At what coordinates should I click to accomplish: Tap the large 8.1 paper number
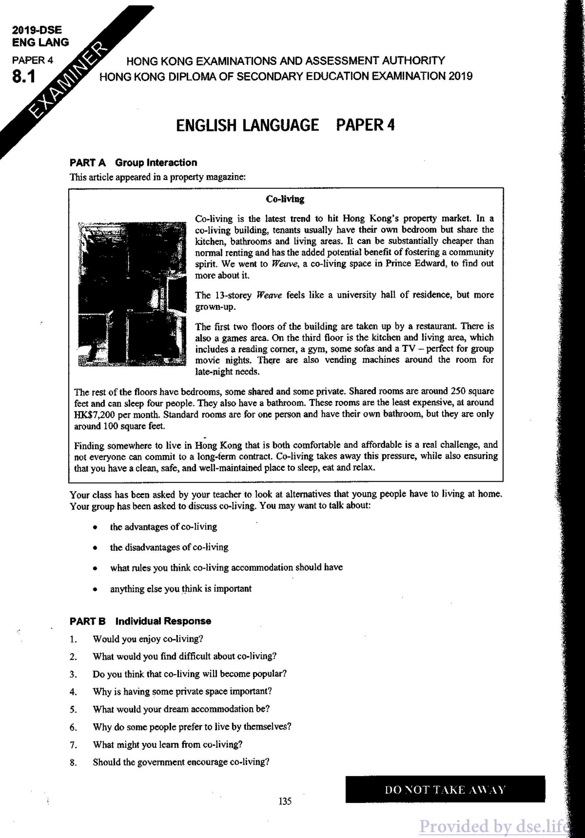point(24,77)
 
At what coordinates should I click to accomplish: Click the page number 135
point(285,801)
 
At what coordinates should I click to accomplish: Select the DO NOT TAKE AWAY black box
point(445,789)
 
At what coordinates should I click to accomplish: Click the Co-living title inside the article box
point(285,199)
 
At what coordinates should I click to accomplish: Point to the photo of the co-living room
point(132,294)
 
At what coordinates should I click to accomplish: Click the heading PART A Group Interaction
point(133,162)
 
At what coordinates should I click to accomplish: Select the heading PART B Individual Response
point(140,621)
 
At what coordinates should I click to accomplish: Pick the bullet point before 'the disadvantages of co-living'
point(95,548)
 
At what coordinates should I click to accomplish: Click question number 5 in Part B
point(73,710)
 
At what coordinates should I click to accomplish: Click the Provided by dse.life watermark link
point(494,826)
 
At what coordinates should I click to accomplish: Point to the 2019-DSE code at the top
point(37,30)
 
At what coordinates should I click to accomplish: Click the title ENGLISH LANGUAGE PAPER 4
point(285,125)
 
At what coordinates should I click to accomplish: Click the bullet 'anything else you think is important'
point(181,589)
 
